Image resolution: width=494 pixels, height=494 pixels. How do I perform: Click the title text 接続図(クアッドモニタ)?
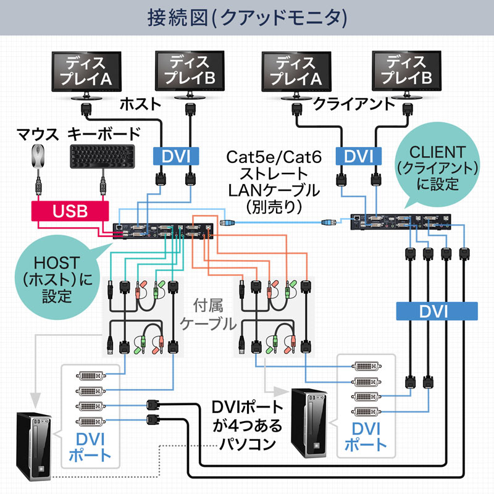point(247,17)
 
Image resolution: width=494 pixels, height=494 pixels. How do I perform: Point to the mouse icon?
point(38,156)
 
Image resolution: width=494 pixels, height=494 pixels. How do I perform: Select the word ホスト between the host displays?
point(140,103)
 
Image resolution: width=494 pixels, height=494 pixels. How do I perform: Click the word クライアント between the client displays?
point(354,103)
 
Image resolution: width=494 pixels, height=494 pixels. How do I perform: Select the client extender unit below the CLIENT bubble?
point(400,222)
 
